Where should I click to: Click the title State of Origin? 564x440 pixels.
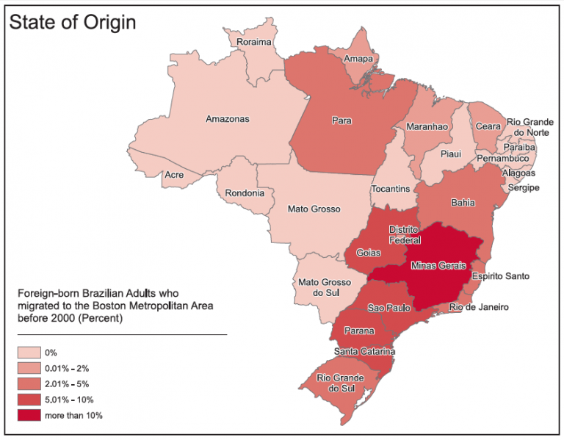pos(73,22)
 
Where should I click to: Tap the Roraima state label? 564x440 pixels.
pos(254,43)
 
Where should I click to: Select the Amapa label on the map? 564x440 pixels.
pos(358,59)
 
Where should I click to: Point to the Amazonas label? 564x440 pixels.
pos(227,119)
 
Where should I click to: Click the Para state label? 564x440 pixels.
pos(341,120)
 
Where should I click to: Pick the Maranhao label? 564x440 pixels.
pos(427,126)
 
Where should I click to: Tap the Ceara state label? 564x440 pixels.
pos(488,126)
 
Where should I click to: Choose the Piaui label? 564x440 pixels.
pos(450,154)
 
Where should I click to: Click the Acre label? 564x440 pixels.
pos(174,175)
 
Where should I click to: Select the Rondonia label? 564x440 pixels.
pos(245,194)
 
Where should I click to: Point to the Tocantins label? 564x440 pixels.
pos(391,189)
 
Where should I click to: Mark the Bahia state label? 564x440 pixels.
pos(463,203)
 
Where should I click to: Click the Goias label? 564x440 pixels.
pos(368,253)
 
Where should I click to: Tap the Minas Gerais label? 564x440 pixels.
pos(438,264)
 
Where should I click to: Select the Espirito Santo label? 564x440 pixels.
pos(500,276)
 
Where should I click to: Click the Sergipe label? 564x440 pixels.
pos(523,188)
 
